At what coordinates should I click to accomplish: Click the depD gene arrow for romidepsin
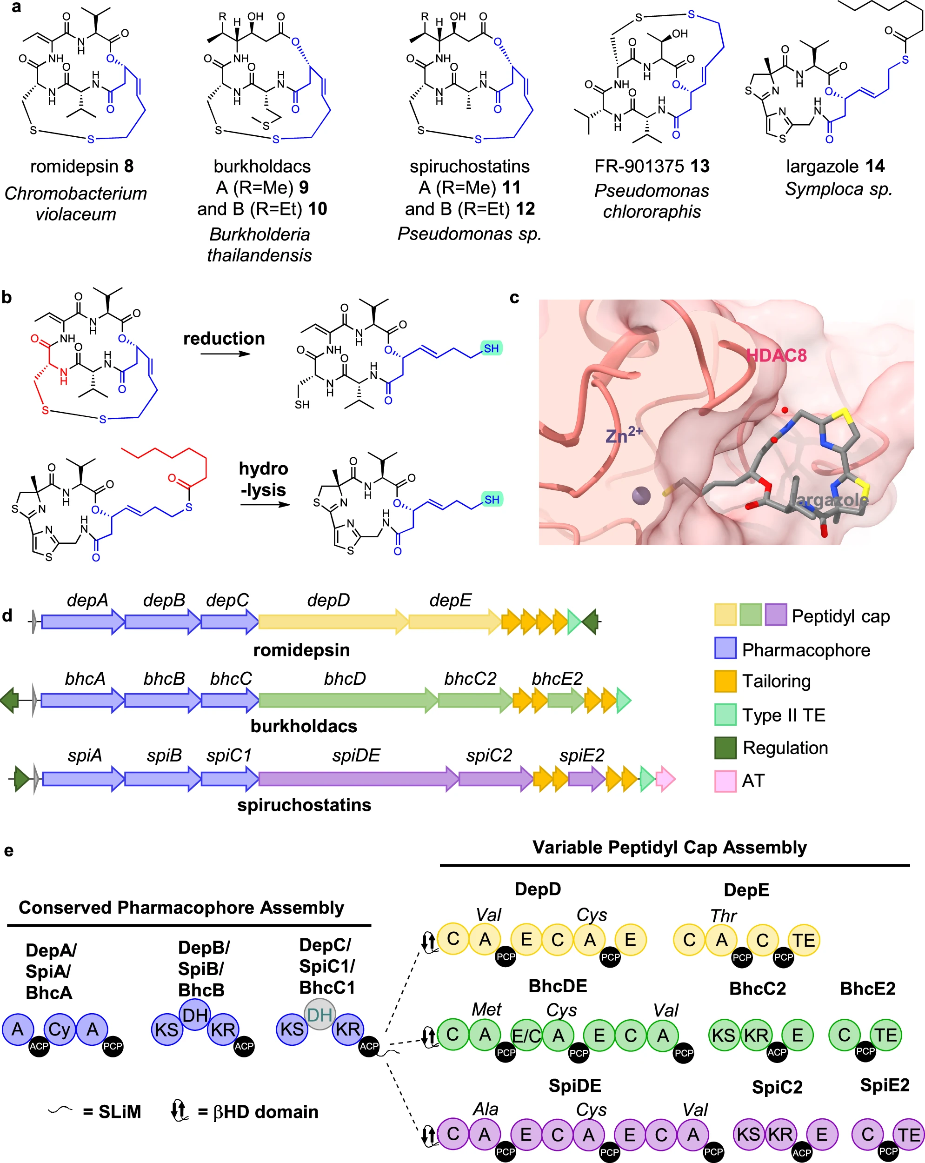[x=333, y=622]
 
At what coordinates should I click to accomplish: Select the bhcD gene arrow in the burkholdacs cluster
[x=348, y=700]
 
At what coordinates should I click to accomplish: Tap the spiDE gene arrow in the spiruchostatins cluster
[x=359, y=779]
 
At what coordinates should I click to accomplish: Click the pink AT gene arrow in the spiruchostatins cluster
[x=665, y=779]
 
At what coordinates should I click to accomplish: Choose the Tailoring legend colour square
[x=725, y=681]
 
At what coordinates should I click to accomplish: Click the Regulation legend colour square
[x=725, y=747]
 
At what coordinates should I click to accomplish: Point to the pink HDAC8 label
[x=776, y=355]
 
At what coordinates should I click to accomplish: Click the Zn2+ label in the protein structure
[x=624, y=434]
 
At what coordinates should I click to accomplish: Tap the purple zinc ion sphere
[x=641, y=495]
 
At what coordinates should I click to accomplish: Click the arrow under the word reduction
[x=226, y=354]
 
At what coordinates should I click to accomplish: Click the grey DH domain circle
[x=320, y=1014]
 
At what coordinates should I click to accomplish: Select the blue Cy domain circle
[x=60, y=1029]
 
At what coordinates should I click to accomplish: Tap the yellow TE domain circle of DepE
[x=804, y=940]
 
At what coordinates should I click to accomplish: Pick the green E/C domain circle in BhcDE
[x=526, y=1035]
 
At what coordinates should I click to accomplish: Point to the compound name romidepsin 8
[x=82, y=166]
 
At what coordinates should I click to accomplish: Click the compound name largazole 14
[x=835, y=166]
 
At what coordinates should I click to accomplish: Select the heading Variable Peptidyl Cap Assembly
[x=670, y=847]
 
